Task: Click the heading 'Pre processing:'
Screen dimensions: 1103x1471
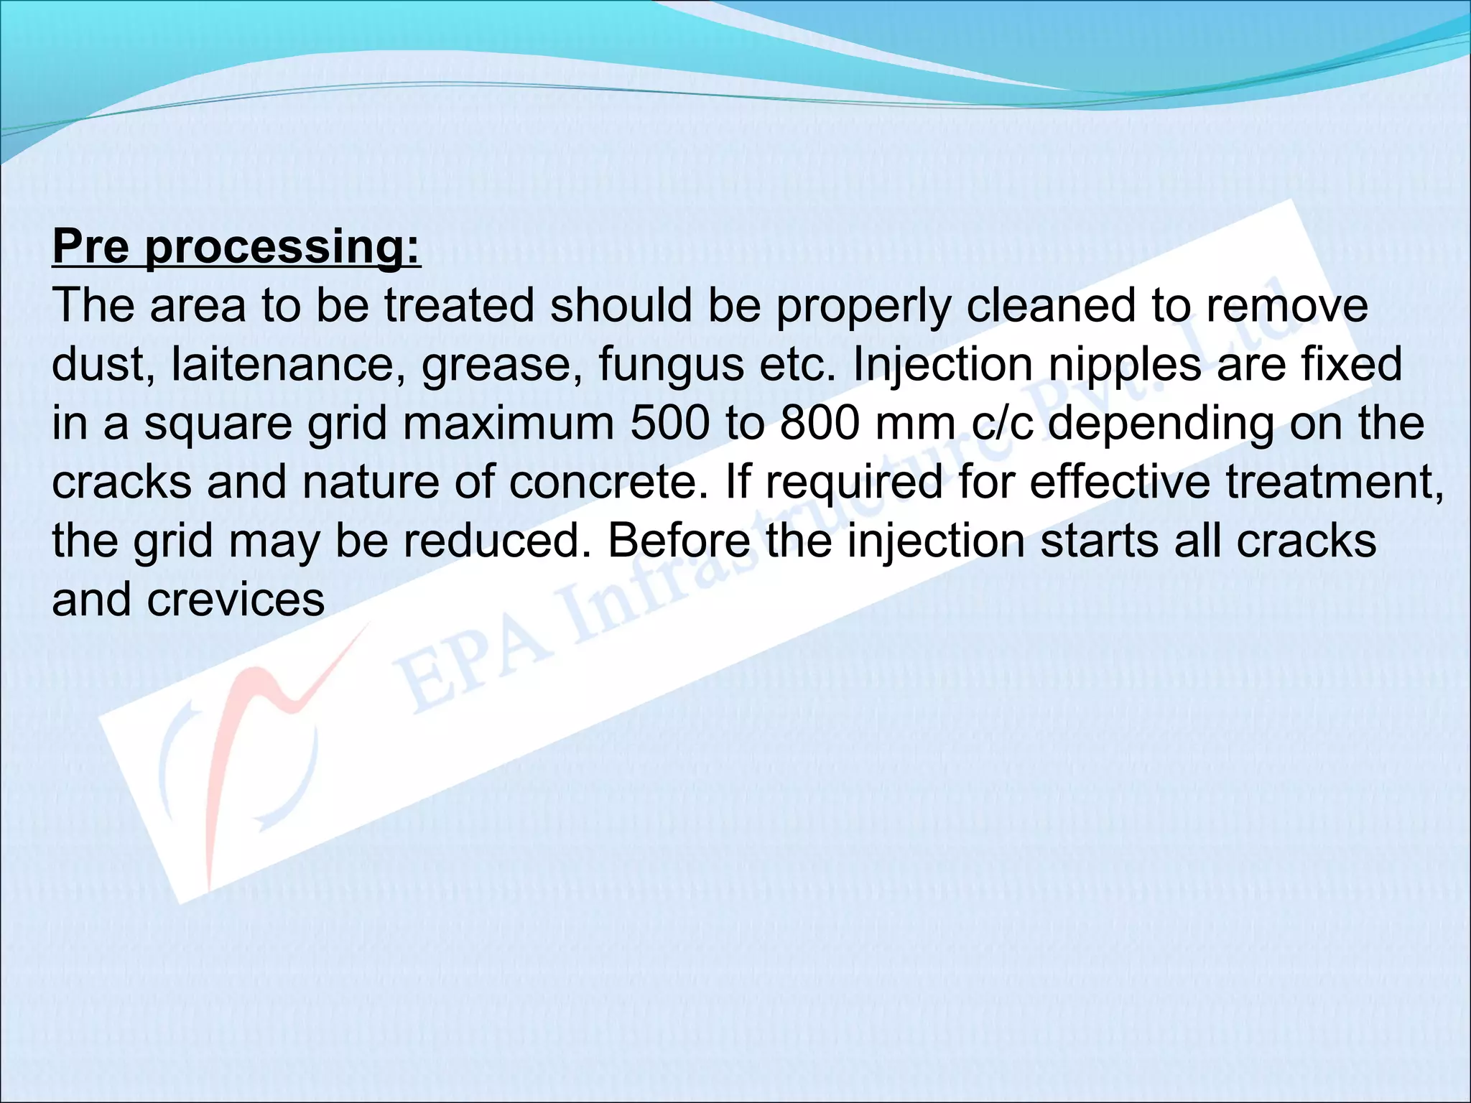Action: [x=236, y=247]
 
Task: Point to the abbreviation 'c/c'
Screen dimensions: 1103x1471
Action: [x=1003, y=424]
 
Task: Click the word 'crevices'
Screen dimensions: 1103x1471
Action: [x=236, y=600]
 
